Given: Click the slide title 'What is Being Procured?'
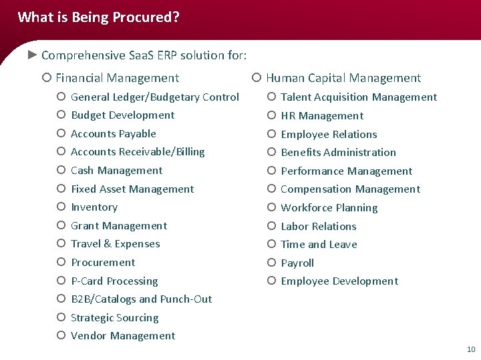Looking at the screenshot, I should (x=98, y=17).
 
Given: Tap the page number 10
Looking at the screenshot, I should (x=471, y=349).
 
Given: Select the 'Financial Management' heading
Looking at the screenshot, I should (x=117, y=78).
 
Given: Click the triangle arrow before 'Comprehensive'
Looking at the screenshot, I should (x=31, y=55).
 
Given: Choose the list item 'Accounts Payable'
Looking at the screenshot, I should (x=113, y=133).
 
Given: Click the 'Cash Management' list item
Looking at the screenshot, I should (x=116, y=170).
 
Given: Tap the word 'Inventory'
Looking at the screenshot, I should (x=94, y=207).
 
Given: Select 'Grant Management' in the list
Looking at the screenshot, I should (x=119, y=225).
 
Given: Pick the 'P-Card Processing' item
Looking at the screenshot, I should (x=114, y=281).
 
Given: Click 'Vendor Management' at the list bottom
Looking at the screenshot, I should (x=123, y=336).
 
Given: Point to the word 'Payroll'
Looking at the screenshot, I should (x=297, y=263).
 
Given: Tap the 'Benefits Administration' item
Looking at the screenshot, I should (x=338, y=152).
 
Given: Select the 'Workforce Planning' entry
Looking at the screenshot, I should (x=329, y=207).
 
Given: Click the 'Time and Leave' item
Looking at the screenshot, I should (x=319, y=244).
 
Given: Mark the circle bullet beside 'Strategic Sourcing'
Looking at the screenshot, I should (x=61, y=317).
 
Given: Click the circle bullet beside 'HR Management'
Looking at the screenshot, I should (x=271, y=115).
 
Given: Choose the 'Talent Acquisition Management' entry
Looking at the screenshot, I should (x=359, y=97).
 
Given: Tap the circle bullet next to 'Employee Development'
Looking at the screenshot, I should (x=271, y=281).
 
